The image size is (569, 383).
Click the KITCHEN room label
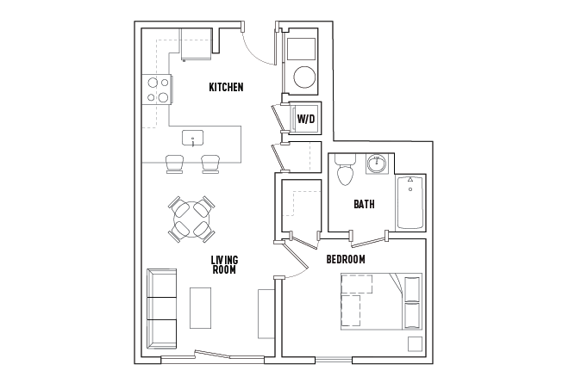(226, 87)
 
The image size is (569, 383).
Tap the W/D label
(306, 119)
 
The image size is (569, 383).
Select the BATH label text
(364, 204)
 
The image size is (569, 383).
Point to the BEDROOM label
(346, 259)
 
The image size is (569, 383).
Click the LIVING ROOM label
(224, 264)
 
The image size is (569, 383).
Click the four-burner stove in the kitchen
(157, 90)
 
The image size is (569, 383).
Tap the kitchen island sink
(192, 138)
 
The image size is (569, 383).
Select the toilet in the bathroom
(345, 170)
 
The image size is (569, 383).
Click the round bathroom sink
(377, 164)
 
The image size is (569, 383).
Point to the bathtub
(410, 202)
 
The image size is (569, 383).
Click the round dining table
(191, 219)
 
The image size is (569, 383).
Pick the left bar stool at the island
(174, 164)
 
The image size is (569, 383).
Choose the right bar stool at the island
(210, 164)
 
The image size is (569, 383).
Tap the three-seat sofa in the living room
(161, 309)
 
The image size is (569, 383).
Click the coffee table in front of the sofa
(200, 308)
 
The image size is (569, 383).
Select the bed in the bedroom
(381, 301)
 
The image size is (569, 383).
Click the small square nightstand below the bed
(415, 344)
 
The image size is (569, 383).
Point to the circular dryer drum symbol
(304, 77)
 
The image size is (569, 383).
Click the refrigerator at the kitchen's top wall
(196, 44)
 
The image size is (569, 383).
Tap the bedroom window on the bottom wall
(334, 360)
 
